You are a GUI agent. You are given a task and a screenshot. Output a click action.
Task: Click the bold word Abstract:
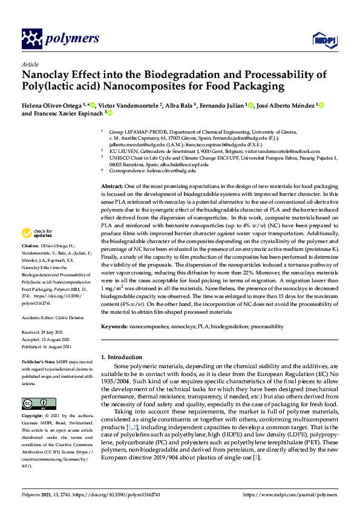pyautogui.click(x=112, y=187)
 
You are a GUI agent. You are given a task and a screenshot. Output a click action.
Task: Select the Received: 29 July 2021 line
pyautogui.click(x=47, y=332)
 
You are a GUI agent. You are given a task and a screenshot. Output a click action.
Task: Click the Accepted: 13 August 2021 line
pyautogui.click(x=48, y=339)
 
